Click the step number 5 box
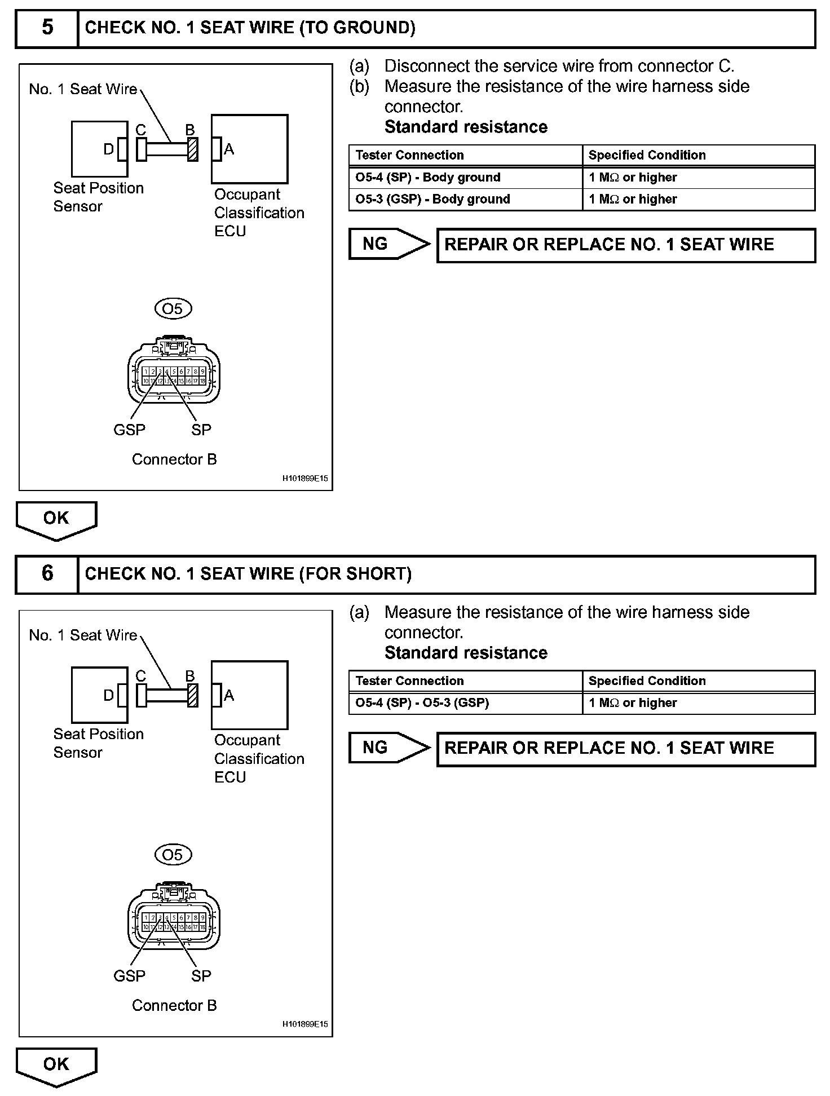point(47,28)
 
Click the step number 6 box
point(47,574)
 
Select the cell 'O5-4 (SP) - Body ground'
point(428,178)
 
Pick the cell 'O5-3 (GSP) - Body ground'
point(432,199)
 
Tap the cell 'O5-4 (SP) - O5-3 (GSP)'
point(422,703)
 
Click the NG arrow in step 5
point(388,244)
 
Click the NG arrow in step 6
point(388,748)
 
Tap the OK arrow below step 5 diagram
point(56,519)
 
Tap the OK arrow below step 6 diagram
point(56,1065)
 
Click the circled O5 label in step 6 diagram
point(173,855)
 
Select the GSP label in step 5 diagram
point(129,430)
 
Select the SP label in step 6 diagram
point(201,976)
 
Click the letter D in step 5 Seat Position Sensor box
point(108,149)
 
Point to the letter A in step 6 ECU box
point(229,695)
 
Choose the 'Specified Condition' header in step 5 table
point(647,155)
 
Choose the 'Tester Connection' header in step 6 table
point(409,681)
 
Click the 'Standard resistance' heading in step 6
point(466,653)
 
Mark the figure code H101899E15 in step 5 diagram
point(304,479)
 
